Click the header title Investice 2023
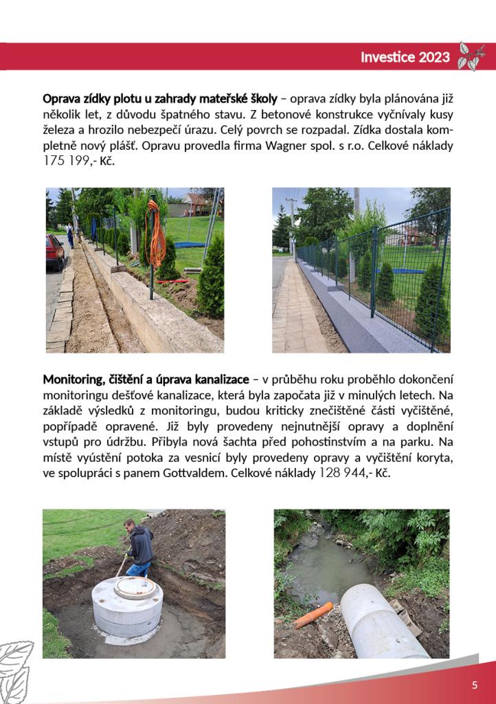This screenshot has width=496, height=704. (x=405, y=57)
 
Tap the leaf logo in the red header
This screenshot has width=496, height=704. (x=471, y=56)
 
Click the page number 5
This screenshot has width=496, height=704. (x=474, y=685)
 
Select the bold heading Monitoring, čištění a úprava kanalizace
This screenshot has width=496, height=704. (x=146, y=379)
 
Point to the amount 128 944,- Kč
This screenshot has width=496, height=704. (x=354, y=474)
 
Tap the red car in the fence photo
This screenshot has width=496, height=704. (x=54, y=252)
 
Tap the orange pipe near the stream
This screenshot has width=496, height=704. (x=313, y=615)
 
